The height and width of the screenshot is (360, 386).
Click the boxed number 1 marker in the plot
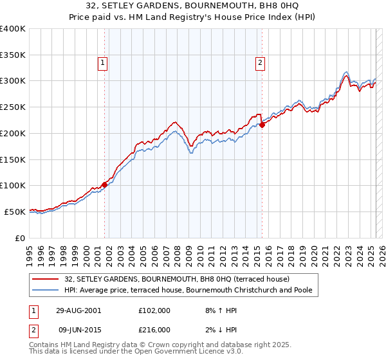click(103, 62)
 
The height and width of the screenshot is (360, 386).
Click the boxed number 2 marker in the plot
click(260, 62)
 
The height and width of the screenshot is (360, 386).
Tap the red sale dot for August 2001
click(104, 184)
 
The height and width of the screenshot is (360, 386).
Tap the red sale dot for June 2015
click(262, 125)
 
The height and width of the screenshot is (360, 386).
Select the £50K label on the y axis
click(15, 212)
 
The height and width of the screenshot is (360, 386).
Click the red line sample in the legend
click(46, 280)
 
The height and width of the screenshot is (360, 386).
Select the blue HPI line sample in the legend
click(46, 291)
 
